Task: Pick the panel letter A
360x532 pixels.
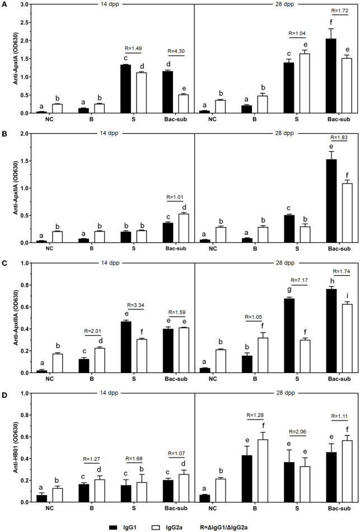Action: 4,4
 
